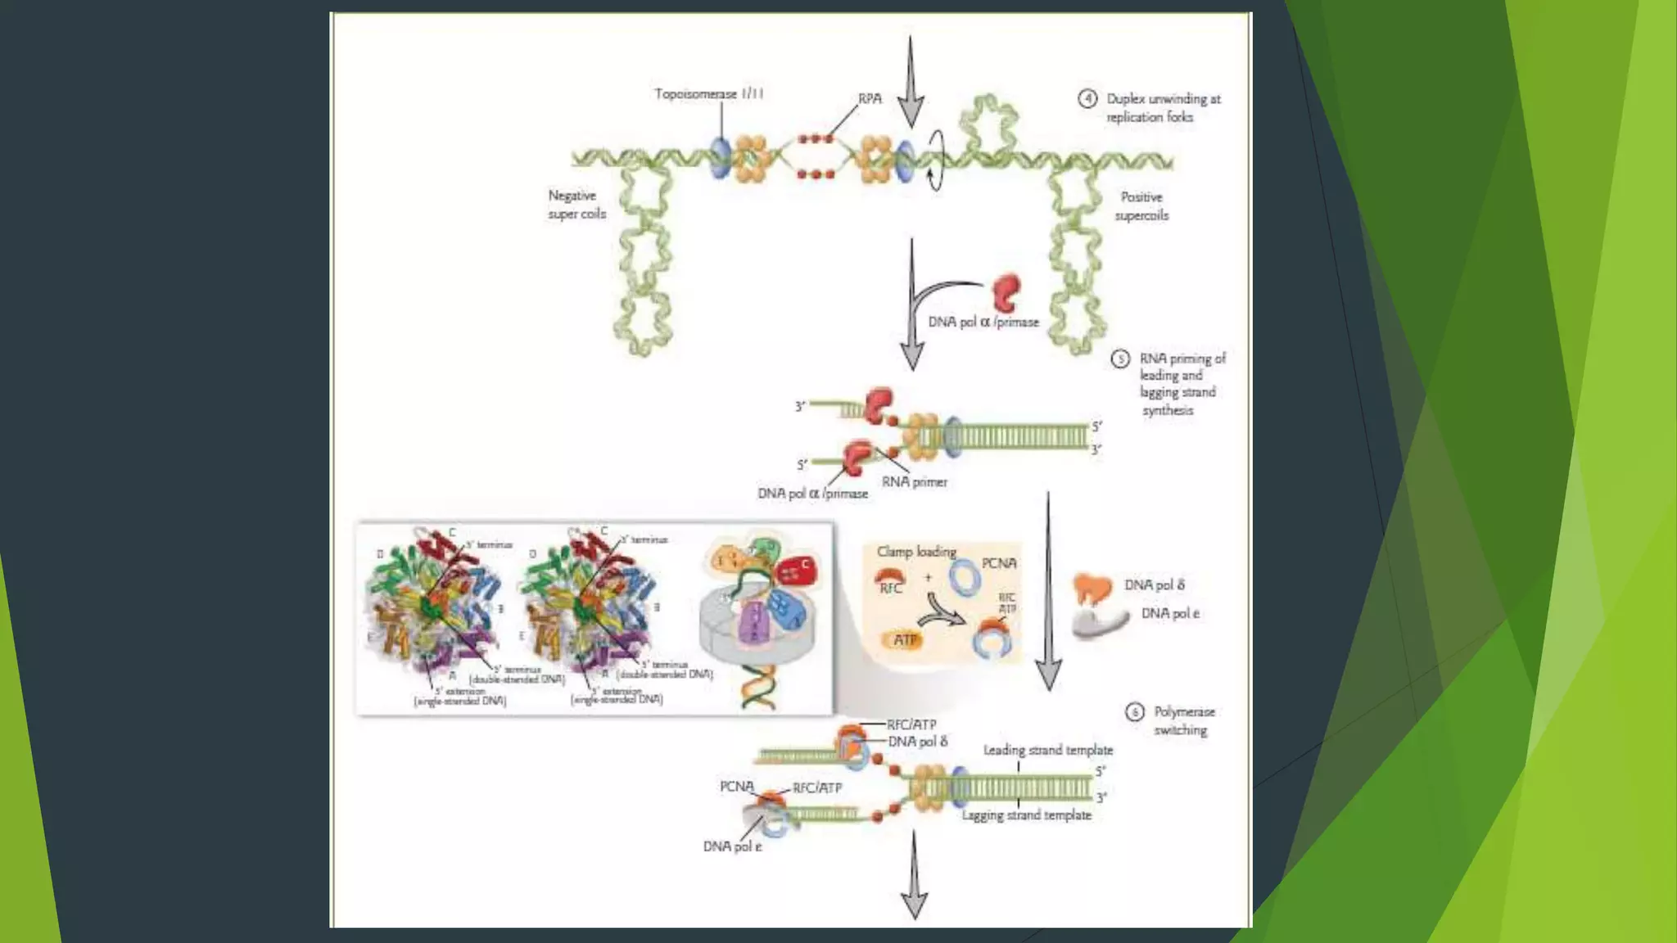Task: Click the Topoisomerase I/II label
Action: [708, 94]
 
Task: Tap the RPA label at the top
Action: [870, 98]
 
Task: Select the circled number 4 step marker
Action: [1087, 99]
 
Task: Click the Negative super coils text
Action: [576, 205]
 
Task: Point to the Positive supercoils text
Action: [1141, 206]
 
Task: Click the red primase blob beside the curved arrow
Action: [1006, 291]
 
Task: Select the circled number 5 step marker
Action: [1120, 359]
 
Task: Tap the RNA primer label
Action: [914, 482]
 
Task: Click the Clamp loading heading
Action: [916, 552]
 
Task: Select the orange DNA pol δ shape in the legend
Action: [1092, 588]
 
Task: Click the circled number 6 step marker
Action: [1134, 712]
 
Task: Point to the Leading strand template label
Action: [1047, 750]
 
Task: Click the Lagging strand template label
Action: [1026, 815]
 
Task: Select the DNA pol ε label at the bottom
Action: [732, 846]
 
